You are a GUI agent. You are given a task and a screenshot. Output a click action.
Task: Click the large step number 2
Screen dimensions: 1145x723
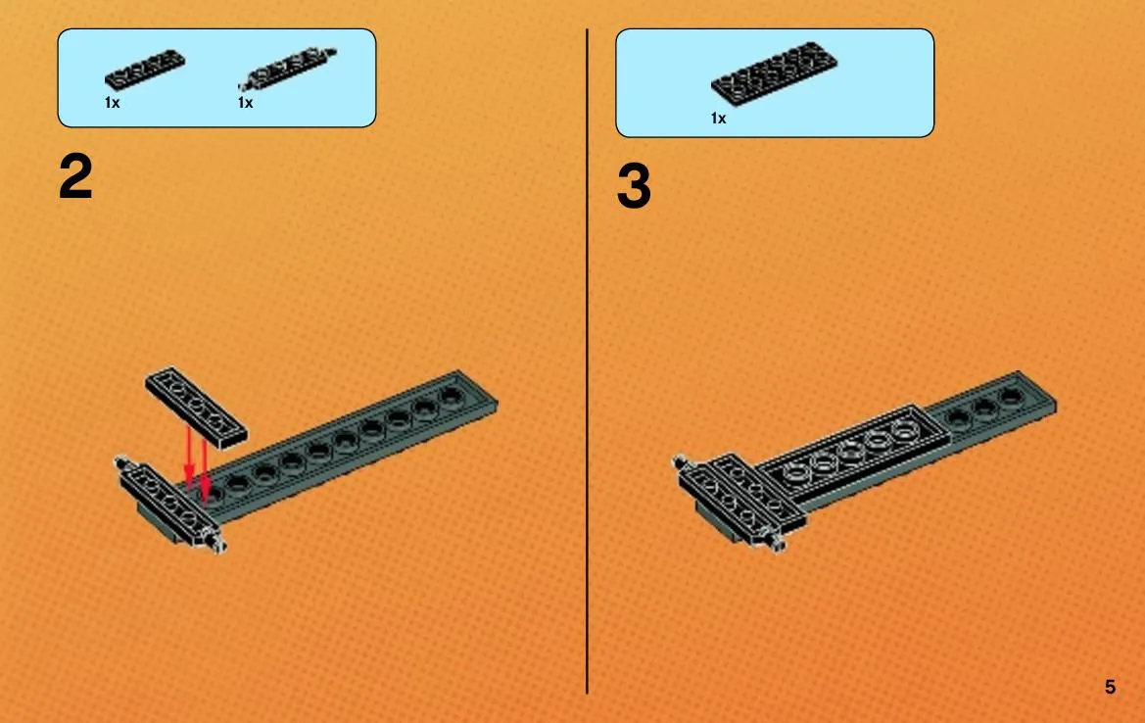pos(76,176)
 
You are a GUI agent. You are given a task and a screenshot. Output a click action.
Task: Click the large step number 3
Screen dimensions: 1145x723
pos(634,186)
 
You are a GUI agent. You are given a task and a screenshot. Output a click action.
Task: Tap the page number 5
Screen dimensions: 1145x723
pos(1110,687)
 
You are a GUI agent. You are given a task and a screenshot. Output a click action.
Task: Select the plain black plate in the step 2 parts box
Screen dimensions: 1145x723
pos(145,70)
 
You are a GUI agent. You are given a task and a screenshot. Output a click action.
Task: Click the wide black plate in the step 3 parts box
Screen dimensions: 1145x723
pos(774,73)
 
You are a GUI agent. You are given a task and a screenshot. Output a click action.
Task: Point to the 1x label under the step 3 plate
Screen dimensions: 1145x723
pos(719,119)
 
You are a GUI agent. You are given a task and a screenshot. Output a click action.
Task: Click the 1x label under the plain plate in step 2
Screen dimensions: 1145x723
pos(112,103)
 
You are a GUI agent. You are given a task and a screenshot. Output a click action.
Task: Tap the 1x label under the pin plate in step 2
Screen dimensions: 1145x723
pos(245,103)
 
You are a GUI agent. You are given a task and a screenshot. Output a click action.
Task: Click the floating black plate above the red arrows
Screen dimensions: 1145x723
pos(196,407)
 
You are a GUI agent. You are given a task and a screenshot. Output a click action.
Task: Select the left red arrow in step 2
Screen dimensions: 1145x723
pos(188,457)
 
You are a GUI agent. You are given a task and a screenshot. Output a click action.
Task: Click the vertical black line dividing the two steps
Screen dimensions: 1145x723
pos(587,361)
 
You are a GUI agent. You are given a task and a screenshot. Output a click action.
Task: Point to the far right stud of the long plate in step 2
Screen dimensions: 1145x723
pos(452,395)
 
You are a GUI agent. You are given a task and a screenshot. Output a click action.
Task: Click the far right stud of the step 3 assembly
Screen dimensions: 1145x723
pos(1011,396)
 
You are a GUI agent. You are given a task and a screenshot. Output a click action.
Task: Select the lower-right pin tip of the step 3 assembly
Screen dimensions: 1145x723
pos(779,544)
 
